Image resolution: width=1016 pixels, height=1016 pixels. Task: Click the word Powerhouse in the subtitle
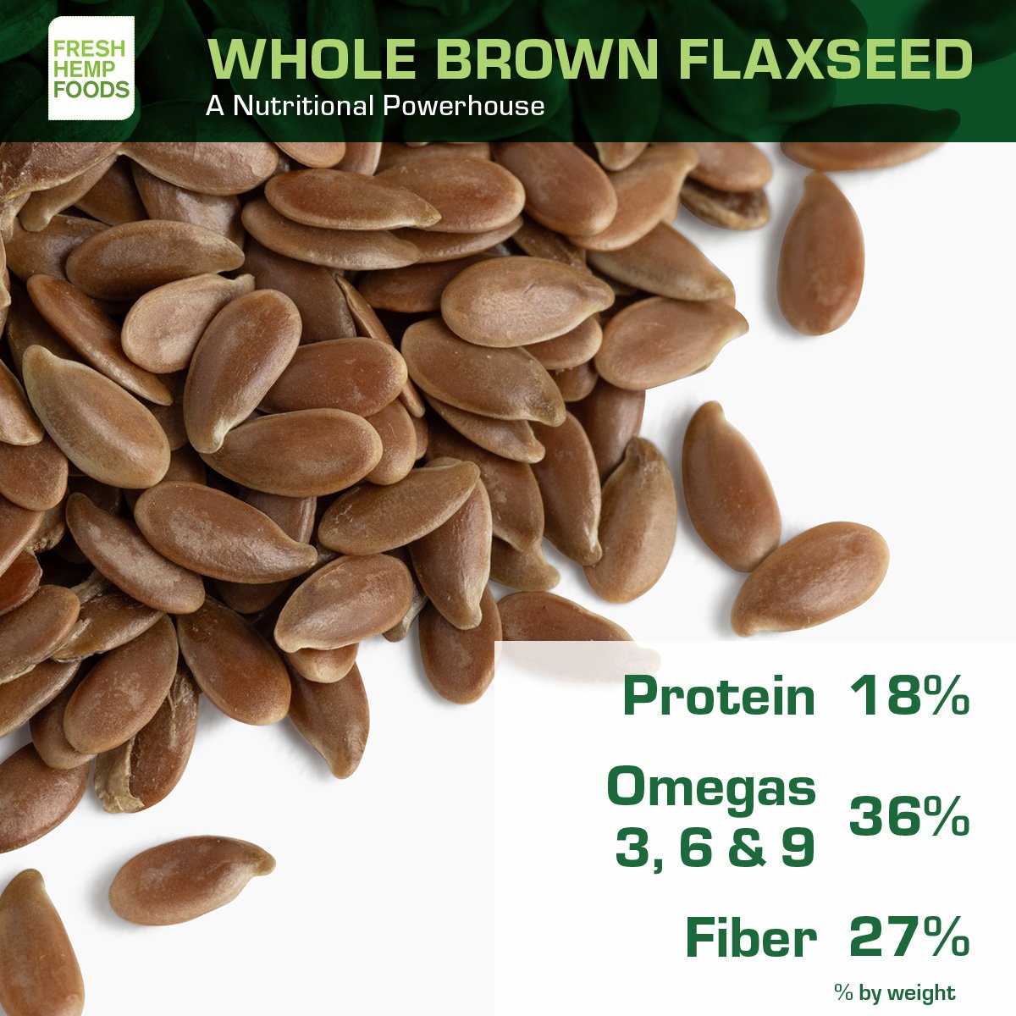pos(463,106)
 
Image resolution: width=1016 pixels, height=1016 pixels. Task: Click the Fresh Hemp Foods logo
pos(91,68)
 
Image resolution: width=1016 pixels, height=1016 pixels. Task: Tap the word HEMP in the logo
pos(77,69)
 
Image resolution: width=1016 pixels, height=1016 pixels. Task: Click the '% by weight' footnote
pos(895,992)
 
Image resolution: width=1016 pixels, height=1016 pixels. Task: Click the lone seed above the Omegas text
pos(810,578)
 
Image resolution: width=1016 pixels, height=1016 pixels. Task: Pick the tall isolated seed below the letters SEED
pos(820,253)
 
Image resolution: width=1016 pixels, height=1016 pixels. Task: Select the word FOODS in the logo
pos(91,90)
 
